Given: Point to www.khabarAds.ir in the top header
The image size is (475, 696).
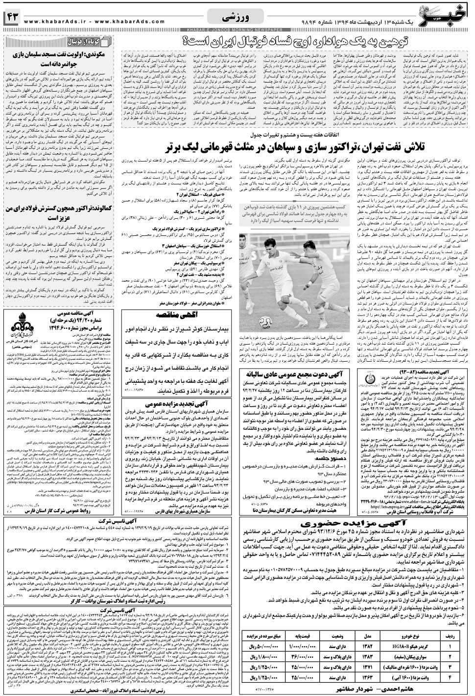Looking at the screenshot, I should (x=49, y=22).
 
